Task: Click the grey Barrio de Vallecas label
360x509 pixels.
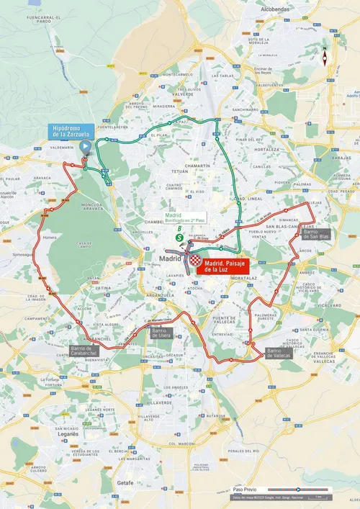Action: tap(278, 352)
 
